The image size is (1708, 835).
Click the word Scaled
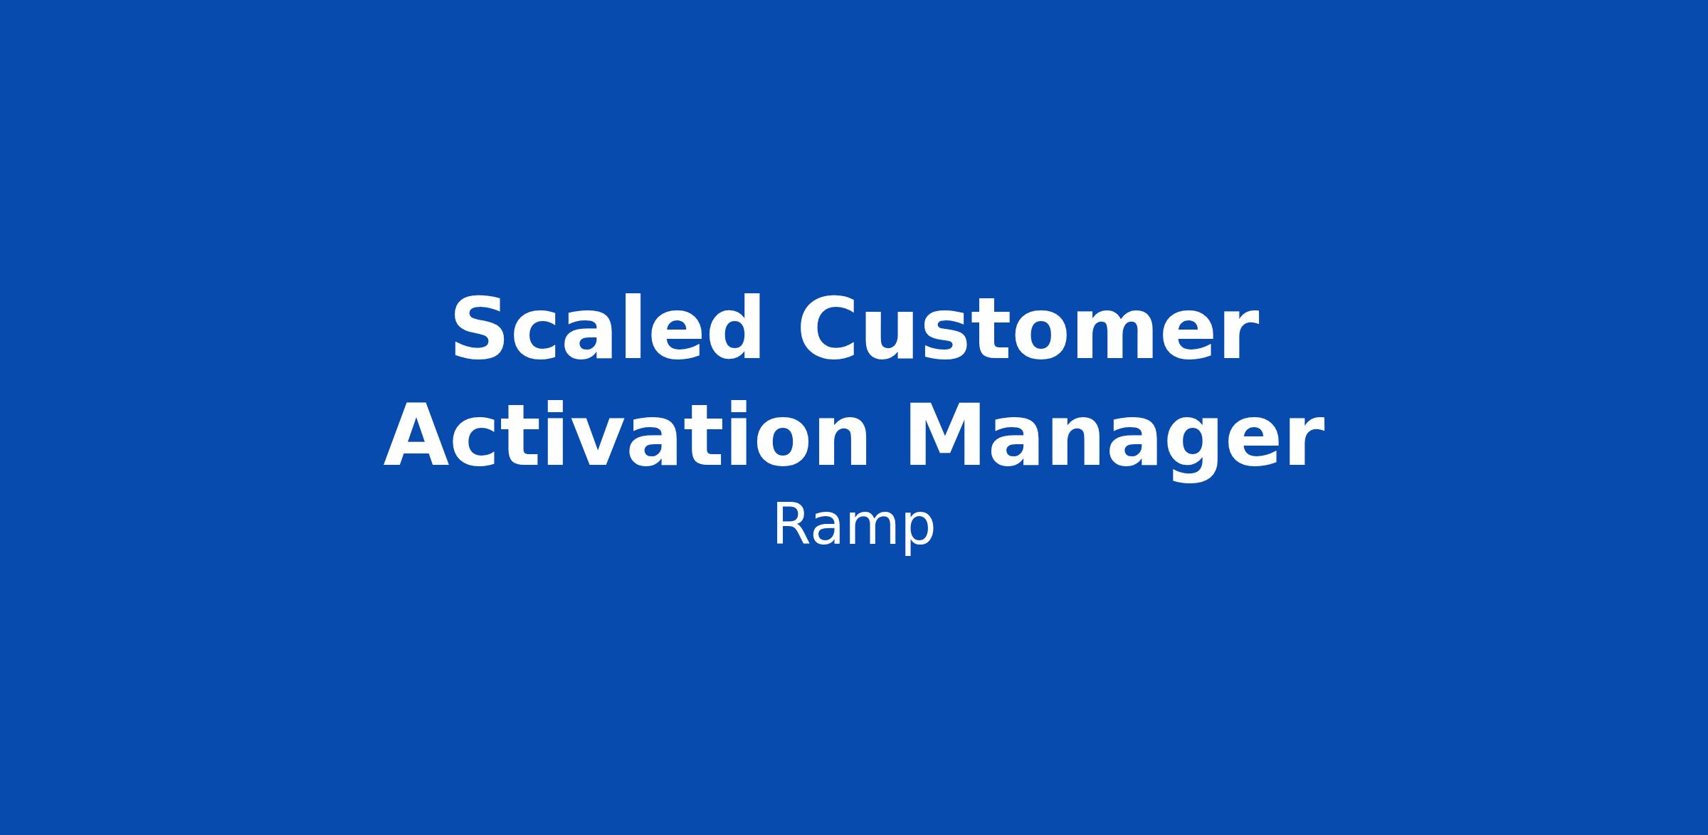pos(607,329)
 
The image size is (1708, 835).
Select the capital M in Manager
pos(944,436)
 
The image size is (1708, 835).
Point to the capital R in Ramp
pos(790,525)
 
